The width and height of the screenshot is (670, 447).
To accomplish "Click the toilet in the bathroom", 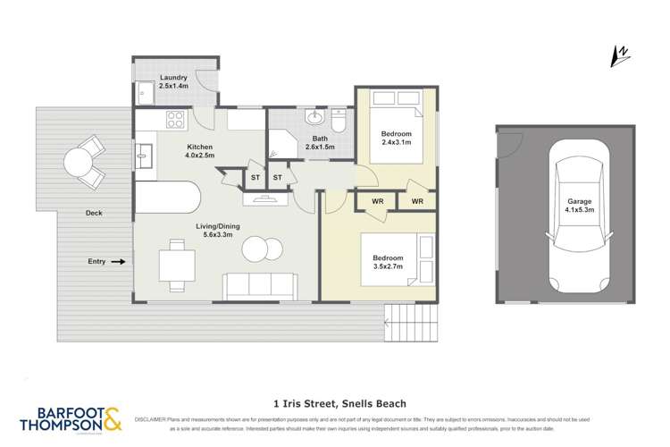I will [339, 118].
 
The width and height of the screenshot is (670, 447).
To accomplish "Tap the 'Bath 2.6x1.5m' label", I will [322, 142].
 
